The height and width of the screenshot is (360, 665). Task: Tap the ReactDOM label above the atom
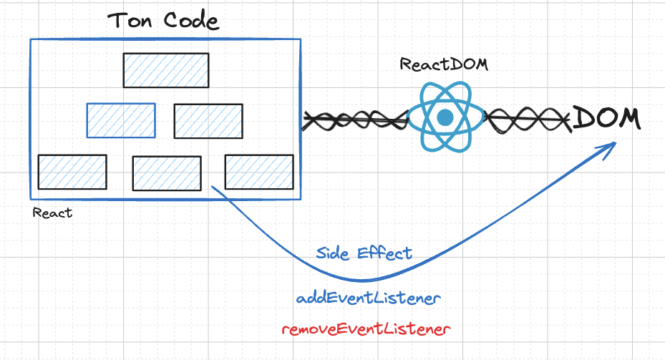tap(444, 65)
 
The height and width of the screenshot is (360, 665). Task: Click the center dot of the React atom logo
tap(446, 117)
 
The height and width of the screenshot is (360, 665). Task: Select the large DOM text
tap(606, 118)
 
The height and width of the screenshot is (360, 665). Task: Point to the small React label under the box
tap(52, 213)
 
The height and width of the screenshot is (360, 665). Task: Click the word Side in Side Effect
tap(334, 253)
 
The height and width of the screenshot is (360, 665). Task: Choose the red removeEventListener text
tap(366, 329)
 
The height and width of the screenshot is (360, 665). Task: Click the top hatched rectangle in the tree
tap(165, 70)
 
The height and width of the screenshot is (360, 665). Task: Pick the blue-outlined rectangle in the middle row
tap(121, 120)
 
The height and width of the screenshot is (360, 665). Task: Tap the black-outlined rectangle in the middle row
tap(208, 120)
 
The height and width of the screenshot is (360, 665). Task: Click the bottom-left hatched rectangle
tap(72, 172)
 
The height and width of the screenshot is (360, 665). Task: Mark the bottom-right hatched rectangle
tap(259, 172)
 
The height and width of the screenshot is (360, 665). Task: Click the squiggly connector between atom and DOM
tap(528, 119)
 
